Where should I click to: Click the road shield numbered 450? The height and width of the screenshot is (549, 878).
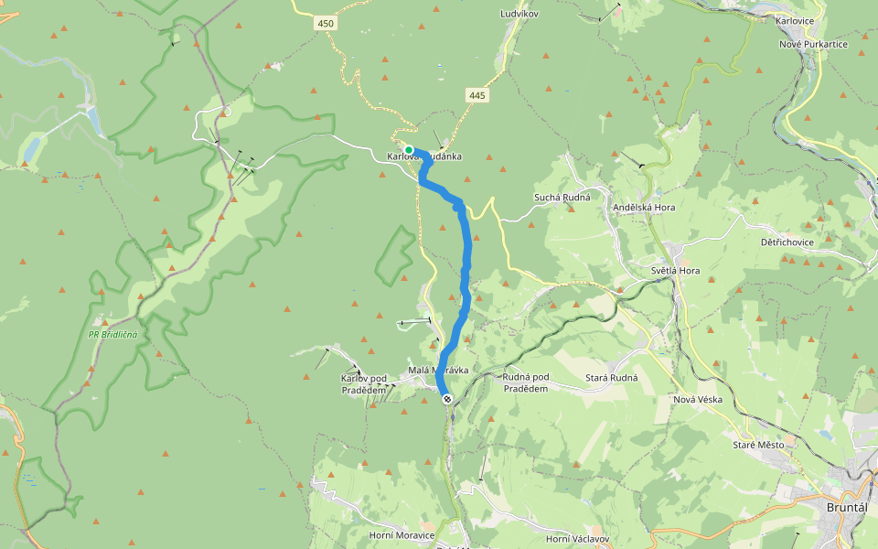click(327, 23)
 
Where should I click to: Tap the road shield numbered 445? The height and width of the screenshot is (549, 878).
click(477, 94)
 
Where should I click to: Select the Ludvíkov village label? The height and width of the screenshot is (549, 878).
click(519, 15)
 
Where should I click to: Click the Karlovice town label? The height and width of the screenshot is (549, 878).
click(794, 19)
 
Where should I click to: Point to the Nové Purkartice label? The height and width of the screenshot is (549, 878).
click(813, 44)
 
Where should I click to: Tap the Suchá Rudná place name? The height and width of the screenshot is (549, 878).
click(562, 198)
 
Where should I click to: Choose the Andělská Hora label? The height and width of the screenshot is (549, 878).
click(645, 208)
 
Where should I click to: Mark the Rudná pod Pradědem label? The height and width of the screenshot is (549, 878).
click(526, 382)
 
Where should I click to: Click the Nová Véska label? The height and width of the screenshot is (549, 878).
click(698, 400)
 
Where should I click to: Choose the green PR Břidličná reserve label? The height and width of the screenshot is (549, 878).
click(113, 334)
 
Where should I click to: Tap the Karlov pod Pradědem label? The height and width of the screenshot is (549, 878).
click(363, 384)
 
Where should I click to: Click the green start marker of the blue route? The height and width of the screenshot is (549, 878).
click(409, 150)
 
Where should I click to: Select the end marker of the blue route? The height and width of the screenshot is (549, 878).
click(447, 398)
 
